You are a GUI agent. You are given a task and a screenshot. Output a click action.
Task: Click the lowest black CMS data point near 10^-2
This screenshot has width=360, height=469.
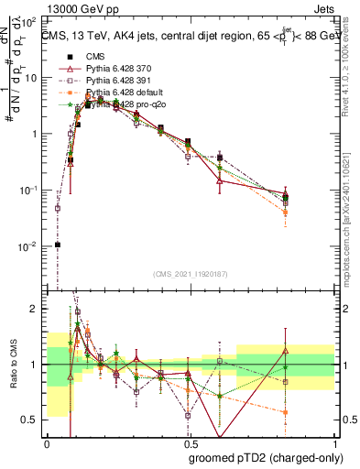pos(57,245)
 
